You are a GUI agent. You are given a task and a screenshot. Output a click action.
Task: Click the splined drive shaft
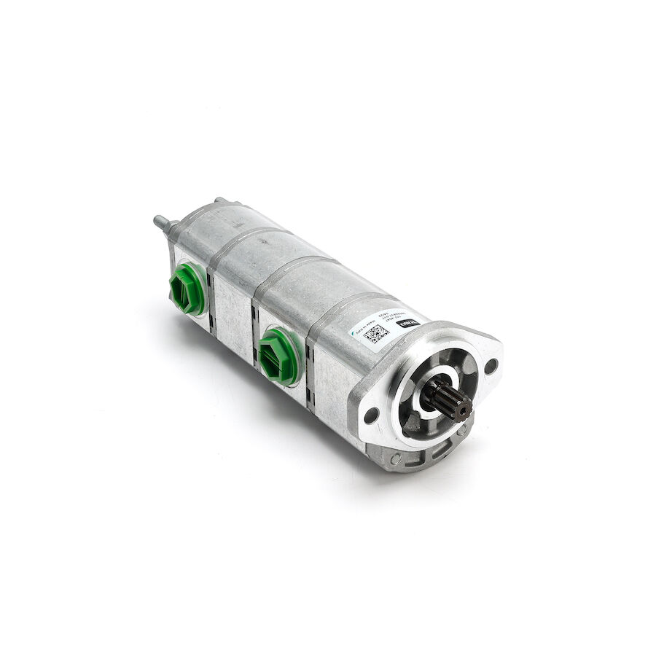pos(446,402)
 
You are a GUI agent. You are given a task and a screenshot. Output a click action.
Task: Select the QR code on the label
pos(376,334)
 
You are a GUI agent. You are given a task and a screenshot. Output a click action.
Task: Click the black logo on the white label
pos(411,323)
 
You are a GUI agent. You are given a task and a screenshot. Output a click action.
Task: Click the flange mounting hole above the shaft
pos(491,364)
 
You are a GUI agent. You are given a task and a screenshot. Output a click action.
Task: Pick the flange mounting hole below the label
pos(371,416)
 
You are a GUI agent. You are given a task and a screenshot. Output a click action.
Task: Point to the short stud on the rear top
pos(219,200)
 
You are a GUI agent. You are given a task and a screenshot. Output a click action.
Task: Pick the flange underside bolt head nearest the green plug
pos(396,459)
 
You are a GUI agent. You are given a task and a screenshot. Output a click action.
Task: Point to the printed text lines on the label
pos(394,328)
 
